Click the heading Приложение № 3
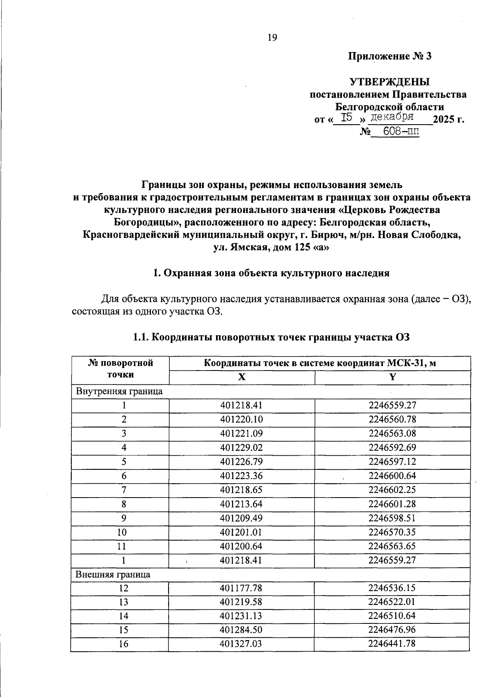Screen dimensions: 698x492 (x=390, y=56)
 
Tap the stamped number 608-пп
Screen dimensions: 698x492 (x=395, y=132)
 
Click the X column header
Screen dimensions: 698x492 (x=242, y=377)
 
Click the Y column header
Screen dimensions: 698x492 (x=392, y=377)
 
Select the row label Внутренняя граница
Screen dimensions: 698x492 (x=119, y=391)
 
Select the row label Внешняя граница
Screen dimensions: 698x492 (x=113, y=574)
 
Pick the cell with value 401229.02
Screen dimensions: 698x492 (x=241, y=448)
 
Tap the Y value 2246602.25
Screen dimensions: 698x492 (x=392, y=490)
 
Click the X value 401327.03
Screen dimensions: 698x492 (x=241, y=644)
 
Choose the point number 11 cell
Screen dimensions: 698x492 (x=123, y=546)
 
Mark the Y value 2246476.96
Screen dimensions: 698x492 (x=392, y=630)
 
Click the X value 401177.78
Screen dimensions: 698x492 (x=241, y=588)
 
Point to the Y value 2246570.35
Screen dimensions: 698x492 (x=392, y=532)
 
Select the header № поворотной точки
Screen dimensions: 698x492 (x=120, y=368)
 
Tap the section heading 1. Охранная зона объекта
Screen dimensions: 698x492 (x=271, y=273)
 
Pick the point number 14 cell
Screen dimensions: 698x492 (x=123, y=616)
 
